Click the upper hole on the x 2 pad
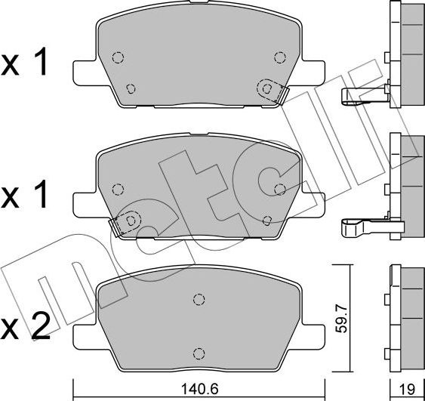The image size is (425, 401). (199, 298)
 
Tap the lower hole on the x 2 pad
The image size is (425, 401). (199, 353)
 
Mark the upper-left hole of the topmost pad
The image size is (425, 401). (118, 58)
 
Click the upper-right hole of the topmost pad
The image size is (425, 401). (280, 57)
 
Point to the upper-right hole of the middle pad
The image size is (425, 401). (280, 189)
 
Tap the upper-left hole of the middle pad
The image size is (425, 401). (118, 190)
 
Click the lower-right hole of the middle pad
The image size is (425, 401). (268, 220)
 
